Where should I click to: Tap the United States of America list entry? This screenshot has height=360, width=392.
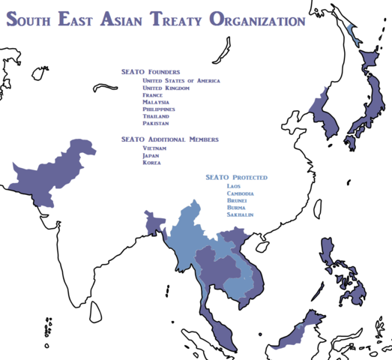click(x=181, y=80)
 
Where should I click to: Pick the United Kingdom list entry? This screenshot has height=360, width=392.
click(x=166, y=88)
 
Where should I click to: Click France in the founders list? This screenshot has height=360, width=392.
click(x=152, y=95)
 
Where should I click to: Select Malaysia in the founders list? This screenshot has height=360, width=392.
click(x=156, y=102)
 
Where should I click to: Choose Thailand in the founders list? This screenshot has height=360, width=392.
click(x=156, y=116)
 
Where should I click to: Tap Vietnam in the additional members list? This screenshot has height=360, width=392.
click(x=154, y=148)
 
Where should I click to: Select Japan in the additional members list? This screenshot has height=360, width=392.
click(x=151, y=155)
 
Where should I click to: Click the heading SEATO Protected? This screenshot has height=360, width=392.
click(x=237, y=177)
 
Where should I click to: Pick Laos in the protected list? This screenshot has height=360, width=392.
click(x=234, y=186)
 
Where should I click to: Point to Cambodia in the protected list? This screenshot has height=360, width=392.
click(x=240, y=193)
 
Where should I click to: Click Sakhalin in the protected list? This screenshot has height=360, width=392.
click(x=240, y=214)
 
